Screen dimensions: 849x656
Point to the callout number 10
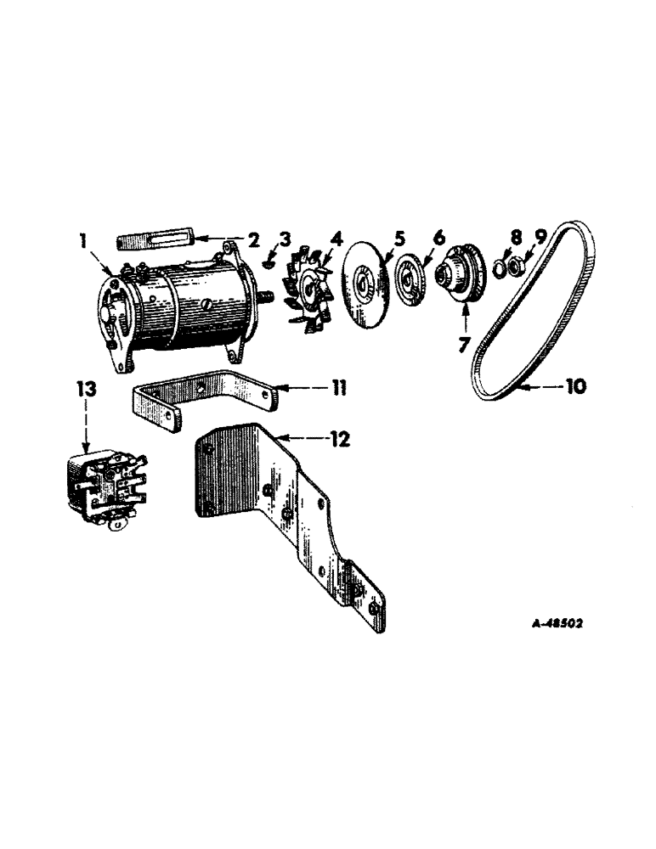[x=575, y=386]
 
